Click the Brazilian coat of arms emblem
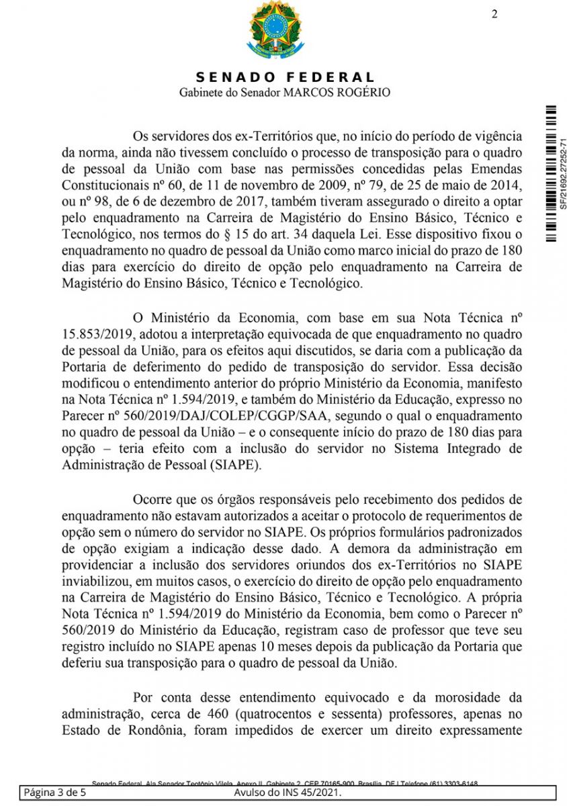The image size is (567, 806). [x=275, y=30]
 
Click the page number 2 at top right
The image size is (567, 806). [x=494, y=15]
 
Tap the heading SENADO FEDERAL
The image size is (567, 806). [x=286, y=78]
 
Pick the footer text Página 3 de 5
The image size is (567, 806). [x=54, y=793]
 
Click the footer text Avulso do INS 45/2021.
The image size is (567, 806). [x=288, y=793]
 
